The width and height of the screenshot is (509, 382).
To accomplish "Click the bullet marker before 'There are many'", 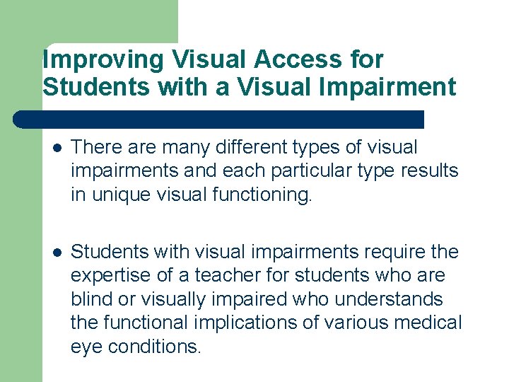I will point(56,149).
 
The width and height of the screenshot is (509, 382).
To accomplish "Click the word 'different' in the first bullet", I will point(254,148).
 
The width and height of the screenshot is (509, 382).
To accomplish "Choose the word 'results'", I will point(430,170).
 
